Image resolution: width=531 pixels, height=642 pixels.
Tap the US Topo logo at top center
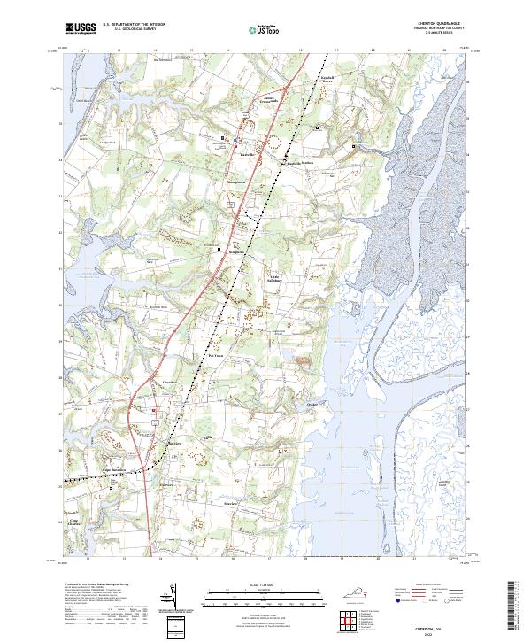pos(255,28)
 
